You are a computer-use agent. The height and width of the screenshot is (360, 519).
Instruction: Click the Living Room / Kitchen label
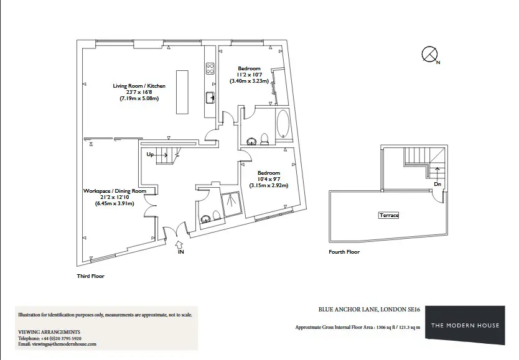pyautogui.click(x=139, y=86)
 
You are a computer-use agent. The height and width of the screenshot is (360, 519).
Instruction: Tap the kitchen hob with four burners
pyautogui.click(x=210, y=68)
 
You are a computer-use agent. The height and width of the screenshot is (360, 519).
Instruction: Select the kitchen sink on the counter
pyautogui.click(x=210, y=98)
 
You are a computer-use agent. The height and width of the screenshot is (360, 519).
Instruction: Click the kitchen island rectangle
pyautogui.click(x=182, y=92)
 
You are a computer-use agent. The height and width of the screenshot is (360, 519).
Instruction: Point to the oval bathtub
pyautogui.click(x=283, y=124)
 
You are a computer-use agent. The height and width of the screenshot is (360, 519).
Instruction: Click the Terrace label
pyautogui.click(x=389, y=215)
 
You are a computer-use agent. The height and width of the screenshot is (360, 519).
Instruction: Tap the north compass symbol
pyautogui.click(x=429, y=54)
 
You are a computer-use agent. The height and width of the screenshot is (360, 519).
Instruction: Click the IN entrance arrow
pyautogui.click(x=179, y=244)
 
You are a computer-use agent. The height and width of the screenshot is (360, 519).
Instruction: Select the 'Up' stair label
pyautogui.click(x=150, y=154)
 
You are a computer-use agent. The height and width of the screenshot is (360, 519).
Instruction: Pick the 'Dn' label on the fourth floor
pyautogui.click(x=437, y=184)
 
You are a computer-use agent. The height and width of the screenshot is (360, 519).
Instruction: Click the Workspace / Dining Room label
pyautogui.click(x=115, y=191)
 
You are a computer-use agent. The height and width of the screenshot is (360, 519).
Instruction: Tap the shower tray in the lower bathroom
pyautogui.click(x=231, y=204)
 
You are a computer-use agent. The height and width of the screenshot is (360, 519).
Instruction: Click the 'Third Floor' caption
pyautogui.click(x=90, y=276)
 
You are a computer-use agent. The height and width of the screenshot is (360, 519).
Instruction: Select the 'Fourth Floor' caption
pyautogui.click(x=344, y=252)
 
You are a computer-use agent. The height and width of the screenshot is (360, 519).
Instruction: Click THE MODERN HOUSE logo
pyautogui.click(x=465, y=325)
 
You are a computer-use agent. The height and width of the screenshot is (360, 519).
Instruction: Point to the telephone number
pyautogui.click(x=61, y=338)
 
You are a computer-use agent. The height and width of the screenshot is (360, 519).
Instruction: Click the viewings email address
pyautogui.click(x=64, y=344)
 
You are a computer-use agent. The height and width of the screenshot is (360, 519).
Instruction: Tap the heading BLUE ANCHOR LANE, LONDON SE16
pyautogui.click(x=369, y=310)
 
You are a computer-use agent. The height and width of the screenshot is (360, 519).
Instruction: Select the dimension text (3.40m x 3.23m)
pyautogui.click(x=250, y=81)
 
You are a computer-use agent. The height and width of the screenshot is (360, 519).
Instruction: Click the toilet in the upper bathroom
pyautogui.click(x=264, y=139)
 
